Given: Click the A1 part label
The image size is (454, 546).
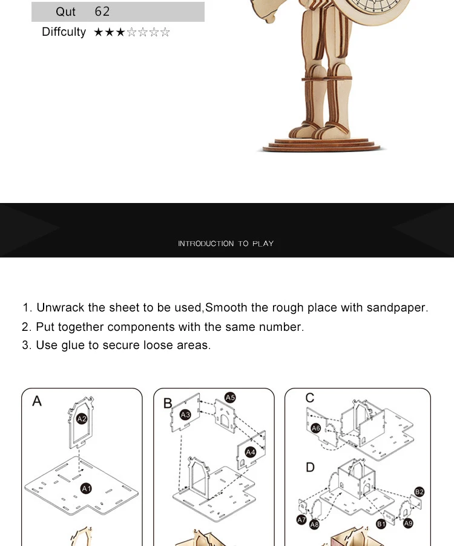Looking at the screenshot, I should coord(86,488).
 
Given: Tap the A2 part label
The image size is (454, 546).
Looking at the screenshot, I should coord(82,419).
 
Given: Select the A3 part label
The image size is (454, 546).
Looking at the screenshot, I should coord(186,414).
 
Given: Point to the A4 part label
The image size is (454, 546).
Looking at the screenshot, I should coord(251,452).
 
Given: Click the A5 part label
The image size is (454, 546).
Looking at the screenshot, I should coord(230,398).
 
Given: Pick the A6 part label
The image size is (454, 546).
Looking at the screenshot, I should coord(315,428).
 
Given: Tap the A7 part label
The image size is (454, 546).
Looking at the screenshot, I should coord(301,519).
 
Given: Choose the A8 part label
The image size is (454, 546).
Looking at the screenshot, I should coord(314,525).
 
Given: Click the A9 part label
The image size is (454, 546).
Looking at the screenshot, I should coord(408,523).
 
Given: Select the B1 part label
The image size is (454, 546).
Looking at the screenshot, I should coord(381,523).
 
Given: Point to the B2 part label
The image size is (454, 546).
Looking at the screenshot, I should coord(419,491).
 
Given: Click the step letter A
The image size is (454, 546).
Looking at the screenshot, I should coord(37,401).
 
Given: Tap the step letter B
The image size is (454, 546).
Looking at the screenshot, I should coord(168,404).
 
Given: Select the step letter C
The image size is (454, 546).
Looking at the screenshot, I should coord(310,398).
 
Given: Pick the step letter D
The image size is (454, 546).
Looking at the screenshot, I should coord(310,467).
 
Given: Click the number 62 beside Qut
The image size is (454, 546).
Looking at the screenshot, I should coord(102,12).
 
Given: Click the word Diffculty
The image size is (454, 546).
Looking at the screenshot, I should coord(64,32).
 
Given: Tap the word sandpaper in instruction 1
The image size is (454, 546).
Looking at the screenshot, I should coord(396,307).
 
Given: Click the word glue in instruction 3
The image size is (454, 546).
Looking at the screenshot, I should coord(73,345).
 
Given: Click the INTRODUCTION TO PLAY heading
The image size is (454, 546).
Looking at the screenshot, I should coord(226,244).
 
